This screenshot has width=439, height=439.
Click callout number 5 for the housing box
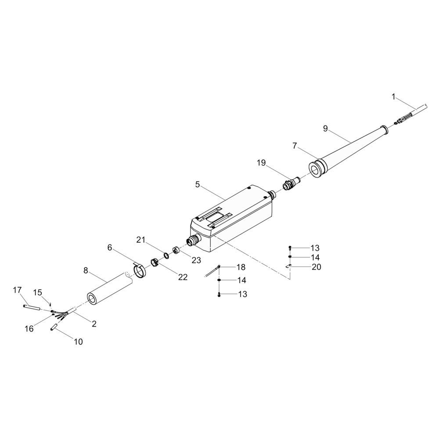tap(198, 184)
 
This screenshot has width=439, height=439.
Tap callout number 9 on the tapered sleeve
tap(325, 129)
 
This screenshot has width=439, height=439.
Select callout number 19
tap(261, 163)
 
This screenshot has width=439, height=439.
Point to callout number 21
tap(141, 240)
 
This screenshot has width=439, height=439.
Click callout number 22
tap(183, 277)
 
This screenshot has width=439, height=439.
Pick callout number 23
tap(196, 260)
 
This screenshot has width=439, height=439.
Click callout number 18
tap(241, 267)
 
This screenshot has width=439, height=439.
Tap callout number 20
tap(317, 267)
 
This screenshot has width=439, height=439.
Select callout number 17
tap(18, 290)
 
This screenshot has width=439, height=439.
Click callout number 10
tap(79, 342)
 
